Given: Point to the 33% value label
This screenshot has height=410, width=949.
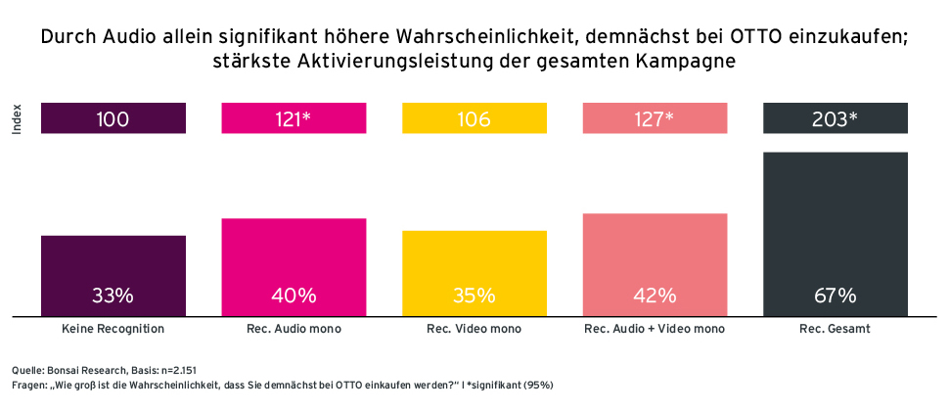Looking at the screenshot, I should [113, 295].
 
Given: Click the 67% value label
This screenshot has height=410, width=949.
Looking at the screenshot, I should [835, 295].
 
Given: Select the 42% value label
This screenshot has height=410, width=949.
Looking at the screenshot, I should [655, 295].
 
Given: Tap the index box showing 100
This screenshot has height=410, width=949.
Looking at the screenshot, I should [113, 119].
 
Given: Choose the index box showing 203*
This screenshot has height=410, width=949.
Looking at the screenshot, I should [835, 119].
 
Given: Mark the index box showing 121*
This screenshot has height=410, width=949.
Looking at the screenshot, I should [294, 119].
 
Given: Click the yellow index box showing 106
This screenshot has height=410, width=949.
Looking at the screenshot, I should [474, 119].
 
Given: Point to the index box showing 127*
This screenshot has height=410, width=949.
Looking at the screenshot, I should [655, 119].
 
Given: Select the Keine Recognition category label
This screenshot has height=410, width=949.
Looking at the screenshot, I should [113, 330].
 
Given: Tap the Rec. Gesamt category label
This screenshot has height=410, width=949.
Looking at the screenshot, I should [835, 330].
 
